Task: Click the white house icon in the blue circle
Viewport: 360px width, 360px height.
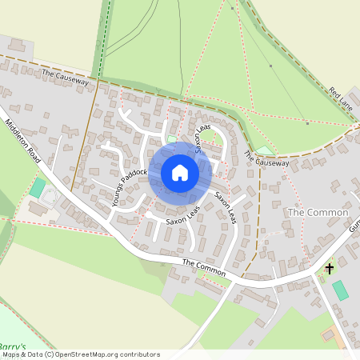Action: pos(180,173)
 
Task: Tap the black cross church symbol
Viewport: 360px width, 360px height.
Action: pos(329,269)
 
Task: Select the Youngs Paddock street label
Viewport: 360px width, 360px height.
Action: pos(130,187)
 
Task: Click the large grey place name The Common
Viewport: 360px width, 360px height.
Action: pos(318,213)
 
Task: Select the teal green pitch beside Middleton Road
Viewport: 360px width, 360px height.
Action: pos(38,188)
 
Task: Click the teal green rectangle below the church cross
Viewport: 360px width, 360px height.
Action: pos(341,290)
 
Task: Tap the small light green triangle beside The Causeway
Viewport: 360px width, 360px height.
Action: pos(264,150)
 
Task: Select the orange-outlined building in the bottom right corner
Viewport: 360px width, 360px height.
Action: pos(329,334)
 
